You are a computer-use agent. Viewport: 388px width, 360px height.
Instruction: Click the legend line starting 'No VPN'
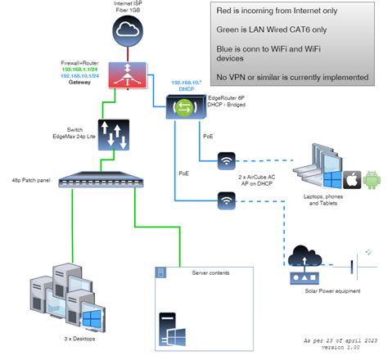[291, 77]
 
